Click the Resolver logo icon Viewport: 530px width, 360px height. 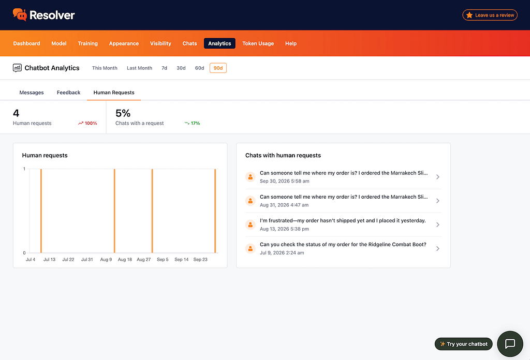point(20,14)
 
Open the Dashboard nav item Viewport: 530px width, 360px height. point(27,43)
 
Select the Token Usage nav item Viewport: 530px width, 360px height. point(258,43)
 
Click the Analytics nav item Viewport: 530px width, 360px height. point(219,43)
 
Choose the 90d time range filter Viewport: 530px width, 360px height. point(218,68)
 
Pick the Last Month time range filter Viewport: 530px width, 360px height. point(139,68)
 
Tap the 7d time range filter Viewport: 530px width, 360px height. point(164,68)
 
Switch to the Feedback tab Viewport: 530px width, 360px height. point(69,93)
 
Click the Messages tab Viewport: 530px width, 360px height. point(32,93)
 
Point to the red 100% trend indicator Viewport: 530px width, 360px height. point(87,123)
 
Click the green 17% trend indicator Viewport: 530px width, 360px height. point(193,123)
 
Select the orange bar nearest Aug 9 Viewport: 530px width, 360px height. point(114,211)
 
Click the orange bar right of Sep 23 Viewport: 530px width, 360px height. point(215,211)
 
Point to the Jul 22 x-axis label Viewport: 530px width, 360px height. point(68,259)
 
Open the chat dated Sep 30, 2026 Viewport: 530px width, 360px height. point(343,177)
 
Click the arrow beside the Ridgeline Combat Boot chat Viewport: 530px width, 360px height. point(438,249)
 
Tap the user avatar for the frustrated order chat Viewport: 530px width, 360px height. point(250,224)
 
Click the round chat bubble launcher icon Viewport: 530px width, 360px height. point(510,344)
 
